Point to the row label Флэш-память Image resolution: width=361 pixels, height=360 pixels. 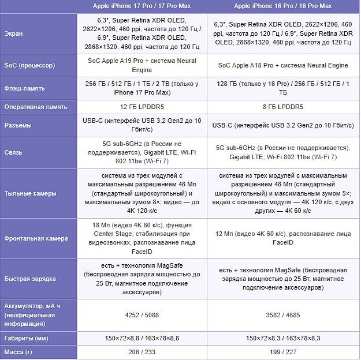(26, 89)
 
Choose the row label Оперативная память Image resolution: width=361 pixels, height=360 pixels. (38, 107)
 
